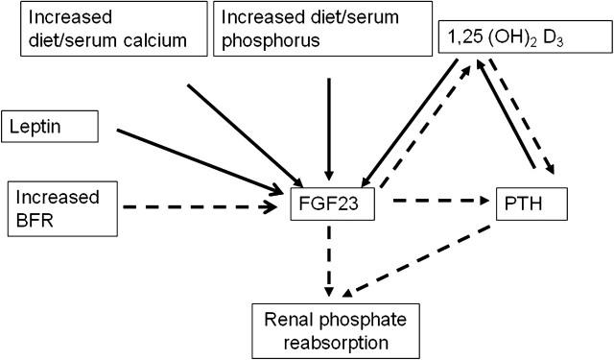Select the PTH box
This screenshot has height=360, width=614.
click(532, 204)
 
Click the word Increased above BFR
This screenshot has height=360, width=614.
click(59, 197)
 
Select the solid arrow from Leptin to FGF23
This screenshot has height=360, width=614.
click(201, 159)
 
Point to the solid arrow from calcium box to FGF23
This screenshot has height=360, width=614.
click(240, 134)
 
